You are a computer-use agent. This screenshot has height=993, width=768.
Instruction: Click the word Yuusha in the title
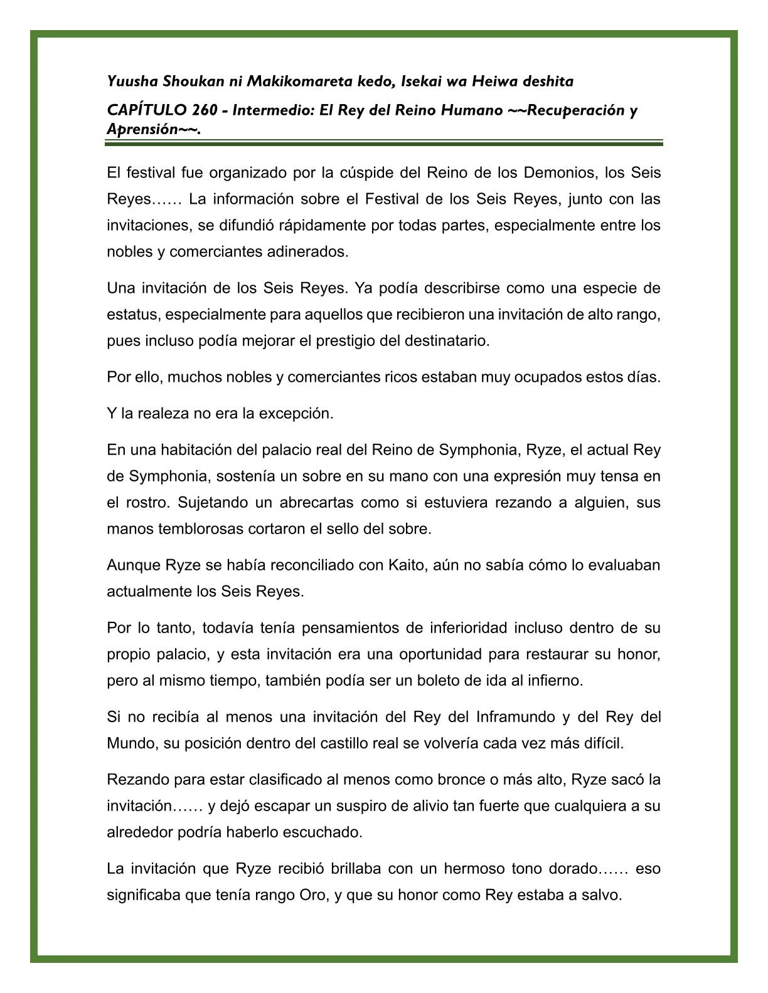pyautogui.click(x=133, y=81)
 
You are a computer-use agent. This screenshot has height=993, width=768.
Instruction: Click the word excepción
pyautogui.click(x=296, y=414)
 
